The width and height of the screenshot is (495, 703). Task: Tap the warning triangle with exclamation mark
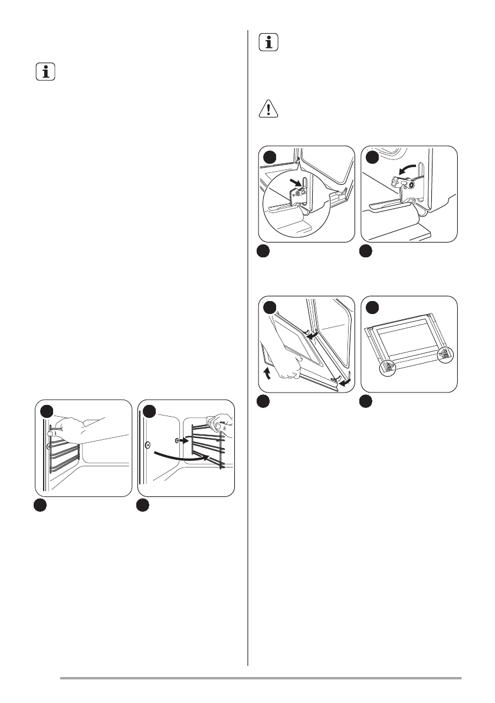click(x=269, y=110)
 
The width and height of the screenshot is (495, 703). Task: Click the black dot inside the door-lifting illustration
click(x=270, y=308)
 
